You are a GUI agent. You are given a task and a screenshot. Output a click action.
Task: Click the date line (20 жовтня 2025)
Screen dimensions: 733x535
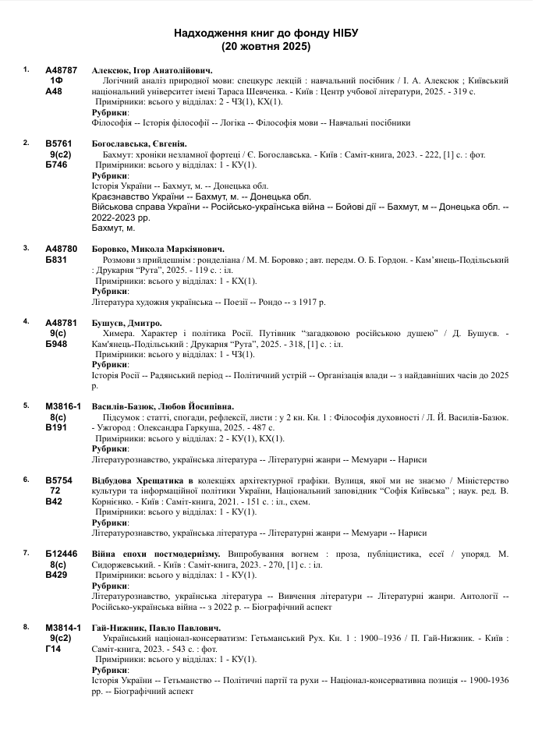pos(266,47)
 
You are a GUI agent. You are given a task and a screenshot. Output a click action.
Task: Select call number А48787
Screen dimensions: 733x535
pos(62,69)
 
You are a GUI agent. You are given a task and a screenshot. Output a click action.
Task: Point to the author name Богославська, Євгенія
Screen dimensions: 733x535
pos(139,143)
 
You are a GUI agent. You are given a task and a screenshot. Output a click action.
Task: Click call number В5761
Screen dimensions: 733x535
pos(59,143)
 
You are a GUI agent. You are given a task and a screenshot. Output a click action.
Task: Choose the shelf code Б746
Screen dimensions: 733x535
pos(56,165)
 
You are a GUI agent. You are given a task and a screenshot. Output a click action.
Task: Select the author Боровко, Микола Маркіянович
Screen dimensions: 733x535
pos(157,249)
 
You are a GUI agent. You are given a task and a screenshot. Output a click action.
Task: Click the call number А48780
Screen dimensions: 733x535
pos(62,249)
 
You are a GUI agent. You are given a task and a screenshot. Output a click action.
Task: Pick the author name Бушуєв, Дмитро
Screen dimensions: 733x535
pos(126,323)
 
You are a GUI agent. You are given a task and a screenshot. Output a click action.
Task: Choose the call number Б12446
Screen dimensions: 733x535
pos(62,554)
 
